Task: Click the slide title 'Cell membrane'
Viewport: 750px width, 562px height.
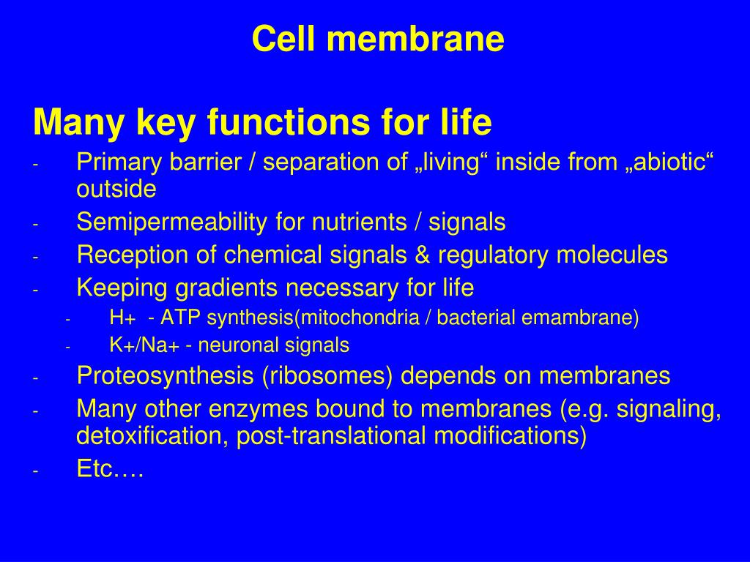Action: coord(378,40)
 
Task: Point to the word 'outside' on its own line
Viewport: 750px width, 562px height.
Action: coord(116,190)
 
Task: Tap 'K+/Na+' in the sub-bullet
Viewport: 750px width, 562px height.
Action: coord(144,345)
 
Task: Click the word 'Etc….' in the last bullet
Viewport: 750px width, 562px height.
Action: coord(110,469)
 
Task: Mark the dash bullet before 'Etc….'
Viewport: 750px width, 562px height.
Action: coord(35,471)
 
